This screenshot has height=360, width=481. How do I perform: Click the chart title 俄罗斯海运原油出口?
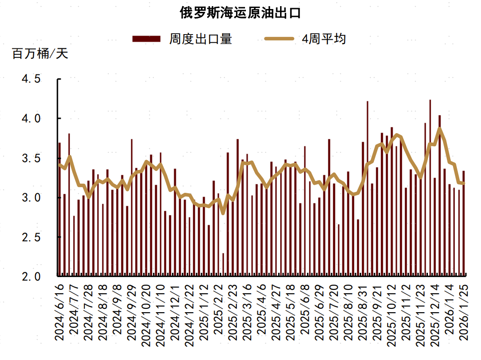click(240, 13)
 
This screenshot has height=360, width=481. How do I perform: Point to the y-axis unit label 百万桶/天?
click(40, 54)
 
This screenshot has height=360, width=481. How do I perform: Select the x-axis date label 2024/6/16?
click(59, 311)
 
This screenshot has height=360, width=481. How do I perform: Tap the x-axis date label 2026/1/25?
click(464, 311)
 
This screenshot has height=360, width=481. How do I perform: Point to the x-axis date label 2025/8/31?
click(363, 311)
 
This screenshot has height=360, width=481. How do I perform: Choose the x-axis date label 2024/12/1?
click(175, 311)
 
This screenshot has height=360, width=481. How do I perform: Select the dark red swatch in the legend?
click(146, 39)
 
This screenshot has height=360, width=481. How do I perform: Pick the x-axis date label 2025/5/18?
click(290, 311)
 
